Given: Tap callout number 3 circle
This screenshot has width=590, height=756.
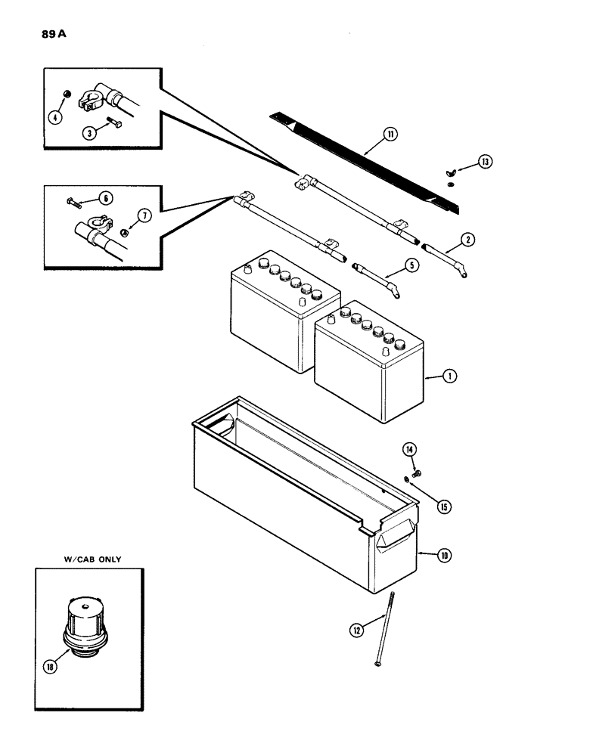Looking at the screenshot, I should point(89,133).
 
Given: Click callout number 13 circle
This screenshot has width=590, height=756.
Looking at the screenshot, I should point(484,162).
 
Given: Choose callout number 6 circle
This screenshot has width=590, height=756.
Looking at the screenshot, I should point(105,197).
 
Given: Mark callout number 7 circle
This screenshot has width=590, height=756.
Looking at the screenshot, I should point(144,215).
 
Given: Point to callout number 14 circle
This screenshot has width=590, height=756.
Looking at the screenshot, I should point(409,451).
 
